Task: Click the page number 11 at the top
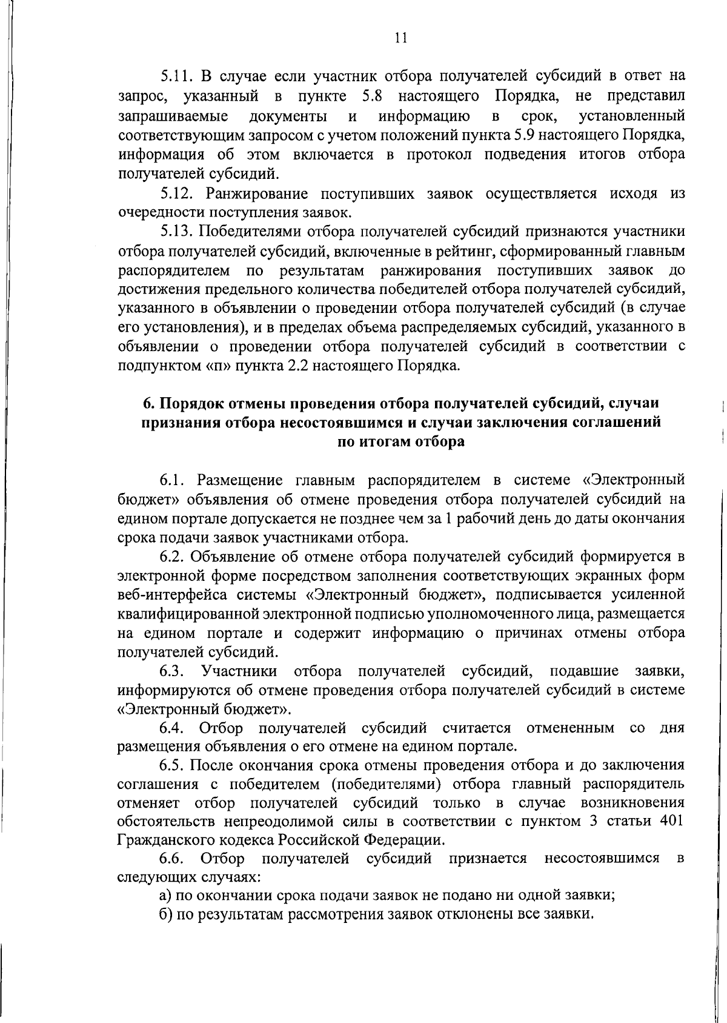[x=400, y=38]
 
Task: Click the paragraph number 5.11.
[x=176, y=76]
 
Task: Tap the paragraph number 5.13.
[x=176, y=232]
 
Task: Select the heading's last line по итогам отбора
[x=400, y=441]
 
